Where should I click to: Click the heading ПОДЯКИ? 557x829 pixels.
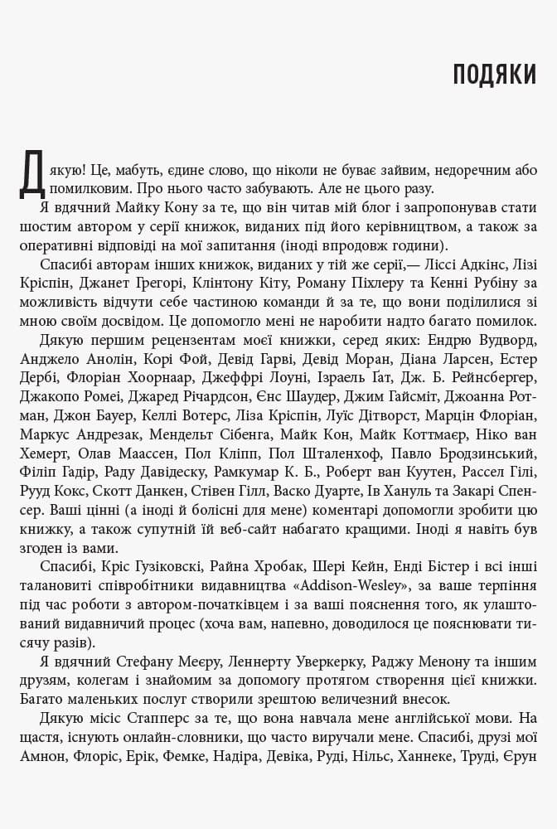coord(494,75)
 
